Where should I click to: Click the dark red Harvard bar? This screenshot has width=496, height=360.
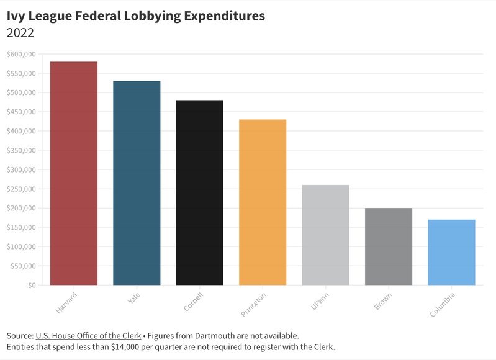click(74, 174)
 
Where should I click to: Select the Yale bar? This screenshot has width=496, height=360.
click(137, 183)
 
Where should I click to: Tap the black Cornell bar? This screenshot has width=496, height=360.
click(199, 192)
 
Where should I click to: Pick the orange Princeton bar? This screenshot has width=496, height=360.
click(263, 202)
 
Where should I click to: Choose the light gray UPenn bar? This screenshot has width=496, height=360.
click(325, 235)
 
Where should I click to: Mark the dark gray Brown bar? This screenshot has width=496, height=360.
click(389, 246)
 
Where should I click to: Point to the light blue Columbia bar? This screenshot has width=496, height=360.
click(451, 253)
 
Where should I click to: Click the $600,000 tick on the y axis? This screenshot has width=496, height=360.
click(21, 54)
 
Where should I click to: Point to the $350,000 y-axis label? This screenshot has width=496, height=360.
click(21, 150)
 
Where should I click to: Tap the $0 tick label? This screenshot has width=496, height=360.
click(30, 285)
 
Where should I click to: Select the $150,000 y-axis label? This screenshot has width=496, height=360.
click(21, 227)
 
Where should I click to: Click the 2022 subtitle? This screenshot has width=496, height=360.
click(20, 32)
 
